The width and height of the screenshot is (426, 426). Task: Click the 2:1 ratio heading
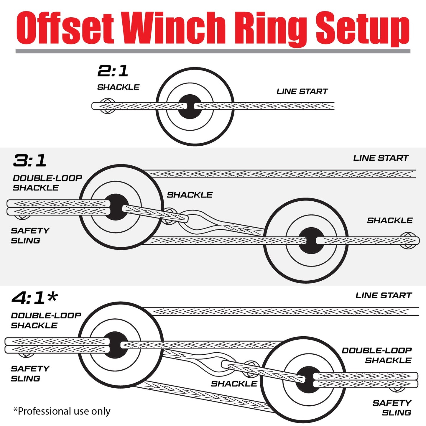point(113,71)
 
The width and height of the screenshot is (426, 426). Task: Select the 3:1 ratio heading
point(29,161)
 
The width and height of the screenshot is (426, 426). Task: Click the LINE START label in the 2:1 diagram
point(302,91)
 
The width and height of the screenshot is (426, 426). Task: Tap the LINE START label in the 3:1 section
point(381,158)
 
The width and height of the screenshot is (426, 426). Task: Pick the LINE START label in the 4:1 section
point(383,295)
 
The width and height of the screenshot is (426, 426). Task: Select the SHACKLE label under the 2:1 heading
point(118,87)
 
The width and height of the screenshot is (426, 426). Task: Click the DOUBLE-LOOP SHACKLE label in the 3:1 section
point(47,183)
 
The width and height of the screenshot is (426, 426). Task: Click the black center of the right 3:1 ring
point(311,241)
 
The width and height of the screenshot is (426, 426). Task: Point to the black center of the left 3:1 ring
point(116,207)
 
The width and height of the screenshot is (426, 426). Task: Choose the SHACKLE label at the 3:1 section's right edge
point(390,221)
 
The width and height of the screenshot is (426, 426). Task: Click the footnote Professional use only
point(62,411)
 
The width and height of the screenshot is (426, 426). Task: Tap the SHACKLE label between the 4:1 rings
point(234,384)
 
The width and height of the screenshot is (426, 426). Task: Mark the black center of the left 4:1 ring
point(116,345)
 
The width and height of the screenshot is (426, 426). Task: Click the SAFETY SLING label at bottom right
point(392,408)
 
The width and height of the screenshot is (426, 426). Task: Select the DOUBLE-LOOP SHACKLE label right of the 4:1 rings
point(377,355)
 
